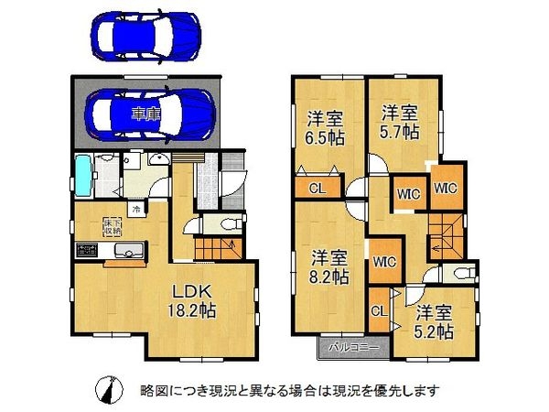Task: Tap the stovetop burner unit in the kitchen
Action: (89, 249)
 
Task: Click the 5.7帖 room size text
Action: (399, 131)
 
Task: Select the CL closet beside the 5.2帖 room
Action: (377, 310)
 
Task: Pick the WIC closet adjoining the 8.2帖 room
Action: (382, 261)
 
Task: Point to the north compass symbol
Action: (107, 389)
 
